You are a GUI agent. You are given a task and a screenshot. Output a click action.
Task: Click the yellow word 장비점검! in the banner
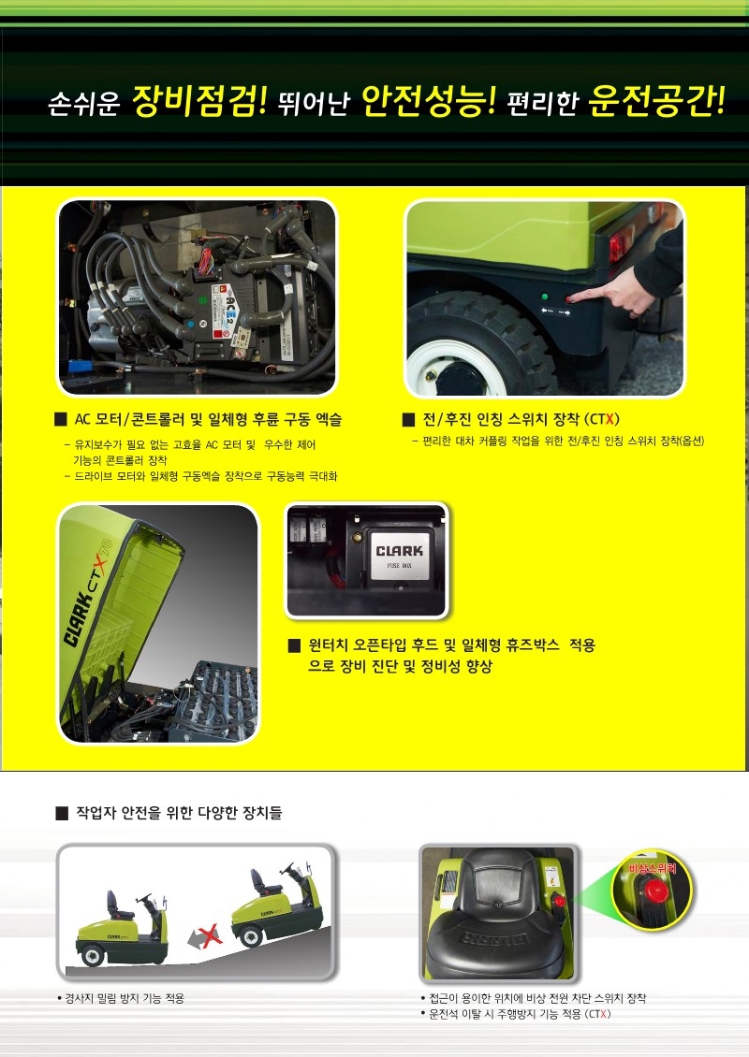point(199,100)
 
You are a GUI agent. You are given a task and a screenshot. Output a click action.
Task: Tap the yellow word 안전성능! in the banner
point(429,100)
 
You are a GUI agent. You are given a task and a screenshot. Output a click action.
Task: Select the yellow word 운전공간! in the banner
point(657,100)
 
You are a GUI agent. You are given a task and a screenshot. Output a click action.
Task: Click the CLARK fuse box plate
point(400,555)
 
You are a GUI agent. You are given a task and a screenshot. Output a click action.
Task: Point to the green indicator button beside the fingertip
point(545,297)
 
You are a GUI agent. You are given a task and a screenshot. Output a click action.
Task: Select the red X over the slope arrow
point(210,935)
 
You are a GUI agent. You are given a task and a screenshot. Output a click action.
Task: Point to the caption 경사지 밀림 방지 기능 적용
point(125,998)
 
